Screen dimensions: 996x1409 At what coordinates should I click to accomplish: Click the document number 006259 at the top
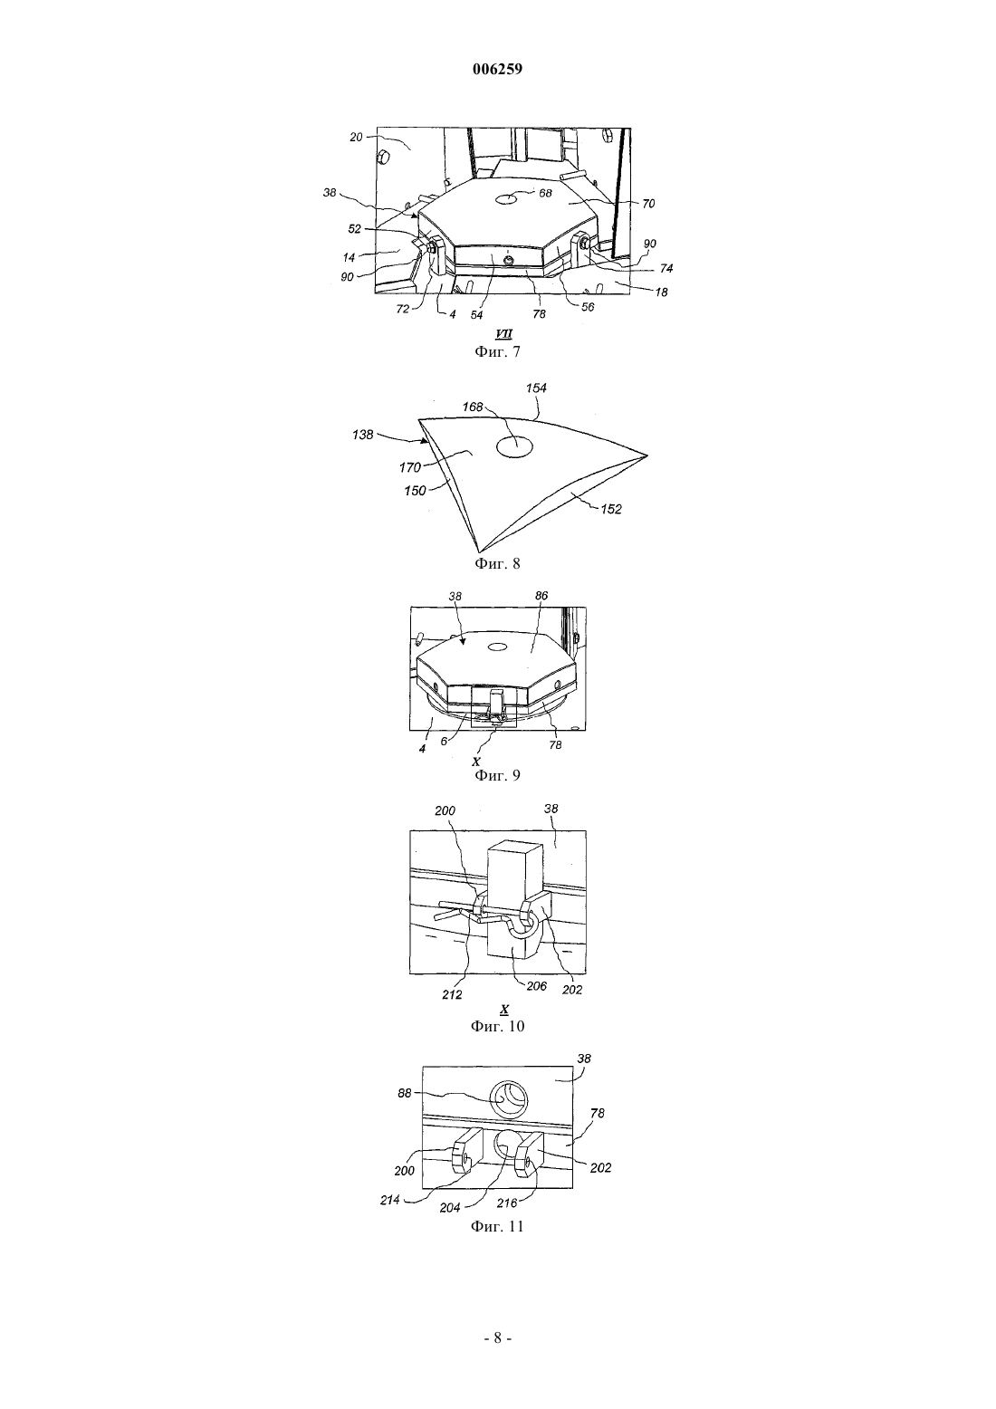[x=497, y=70]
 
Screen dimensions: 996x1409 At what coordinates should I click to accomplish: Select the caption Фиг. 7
[x=497, y=351]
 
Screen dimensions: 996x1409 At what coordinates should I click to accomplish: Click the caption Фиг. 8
[x=497, y=563]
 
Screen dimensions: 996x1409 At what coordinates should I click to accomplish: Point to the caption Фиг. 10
[x=497, y=1026]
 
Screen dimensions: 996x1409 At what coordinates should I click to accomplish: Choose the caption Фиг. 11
[x=497, y=1226]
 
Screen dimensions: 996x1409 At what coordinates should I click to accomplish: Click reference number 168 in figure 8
[x=473, y=407]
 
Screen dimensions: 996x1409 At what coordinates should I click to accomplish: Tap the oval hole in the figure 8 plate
[x=515, y=446]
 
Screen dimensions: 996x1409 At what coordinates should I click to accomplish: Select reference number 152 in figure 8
[x=610, y=509]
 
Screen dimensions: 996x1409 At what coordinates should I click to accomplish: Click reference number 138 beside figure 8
[x=363, y=434]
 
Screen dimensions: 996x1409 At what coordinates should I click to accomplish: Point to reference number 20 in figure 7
[x=357, y=137]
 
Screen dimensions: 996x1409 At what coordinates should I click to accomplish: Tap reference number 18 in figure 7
[x=661, y=292]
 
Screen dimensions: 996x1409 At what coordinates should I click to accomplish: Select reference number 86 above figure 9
[x=541, y=596]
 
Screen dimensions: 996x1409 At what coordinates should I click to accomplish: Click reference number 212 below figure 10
[x=452, y=994]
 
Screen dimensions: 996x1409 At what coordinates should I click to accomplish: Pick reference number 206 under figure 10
[x=536, y=986]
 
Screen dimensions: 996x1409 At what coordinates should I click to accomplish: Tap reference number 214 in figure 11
[x=389, y=1200]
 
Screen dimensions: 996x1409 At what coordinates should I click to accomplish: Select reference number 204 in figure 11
[x=450, y=1207]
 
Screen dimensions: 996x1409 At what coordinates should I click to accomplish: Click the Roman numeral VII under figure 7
[x=503, y=335]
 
